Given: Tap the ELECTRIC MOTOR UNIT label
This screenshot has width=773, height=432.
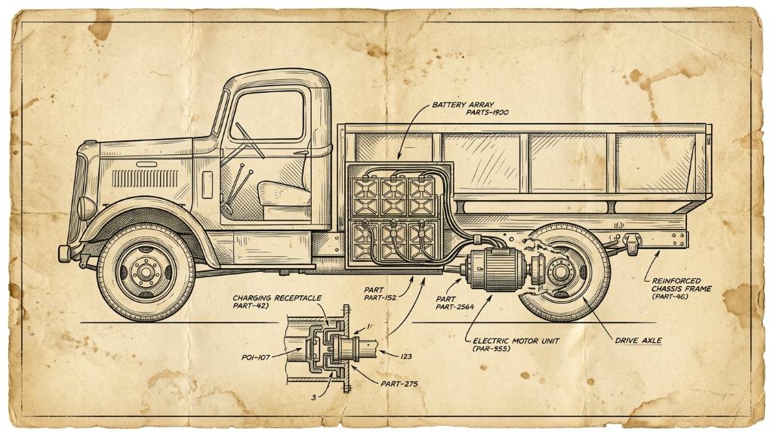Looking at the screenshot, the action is click(x=516, y=341).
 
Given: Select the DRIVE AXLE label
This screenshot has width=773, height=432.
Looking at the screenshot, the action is click(x=638, y=341).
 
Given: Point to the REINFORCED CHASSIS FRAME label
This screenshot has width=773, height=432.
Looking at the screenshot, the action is click(x=682, y=285).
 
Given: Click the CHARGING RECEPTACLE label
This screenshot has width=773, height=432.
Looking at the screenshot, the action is click(x=277, y=298).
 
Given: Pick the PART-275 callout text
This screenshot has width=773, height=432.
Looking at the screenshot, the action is click(x=399, y=383).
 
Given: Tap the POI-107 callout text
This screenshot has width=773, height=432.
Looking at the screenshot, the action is click(x=256, y=357).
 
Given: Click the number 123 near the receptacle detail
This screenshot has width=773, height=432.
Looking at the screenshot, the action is click(x=405, y=356).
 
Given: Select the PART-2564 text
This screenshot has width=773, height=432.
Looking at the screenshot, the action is click(x=454, y=307).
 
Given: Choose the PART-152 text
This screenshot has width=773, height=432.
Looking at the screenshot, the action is click(x=380, y=298).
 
